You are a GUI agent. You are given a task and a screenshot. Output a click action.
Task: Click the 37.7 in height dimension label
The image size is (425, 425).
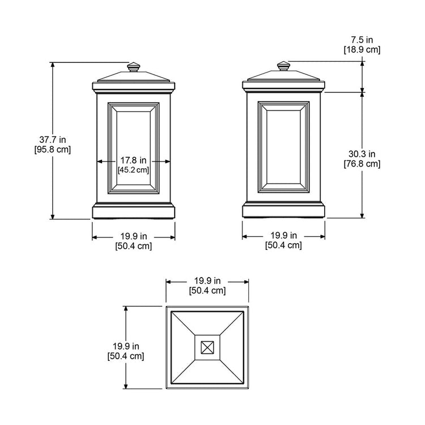(x=53, y=140)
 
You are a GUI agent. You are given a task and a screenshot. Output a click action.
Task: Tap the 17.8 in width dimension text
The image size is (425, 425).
(x=133, y=160)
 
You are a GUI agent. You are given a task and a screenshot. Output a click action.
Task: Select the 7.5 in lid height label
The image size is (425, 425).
(x=362, y=40)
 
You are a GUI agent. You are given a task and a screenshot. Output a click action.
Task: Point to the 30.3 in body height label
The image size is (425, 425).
(x=362, y=154)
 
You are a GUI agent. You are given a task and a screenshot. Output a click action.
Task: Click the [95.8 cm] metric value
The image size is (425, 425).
(x=53, y=150)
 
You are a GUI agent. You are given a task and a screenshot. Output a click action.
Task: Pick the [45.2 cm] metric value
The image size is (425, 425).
(x=133, y=170)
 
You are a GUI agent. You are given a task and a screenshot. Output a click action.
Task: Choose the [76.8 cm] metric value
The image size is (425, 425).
(x=362, y=164)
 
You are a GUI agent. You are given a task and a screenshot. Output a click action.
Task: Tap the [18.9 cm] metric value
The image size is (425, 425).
(x=362, y=50)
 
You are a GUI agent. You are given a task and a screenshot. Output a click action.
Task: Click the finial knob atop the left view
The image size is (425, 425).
(x=134, y=67)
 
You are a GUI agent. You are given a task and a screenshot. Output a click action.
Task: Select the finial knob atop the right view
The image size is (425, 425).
(x=283, y=66)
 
